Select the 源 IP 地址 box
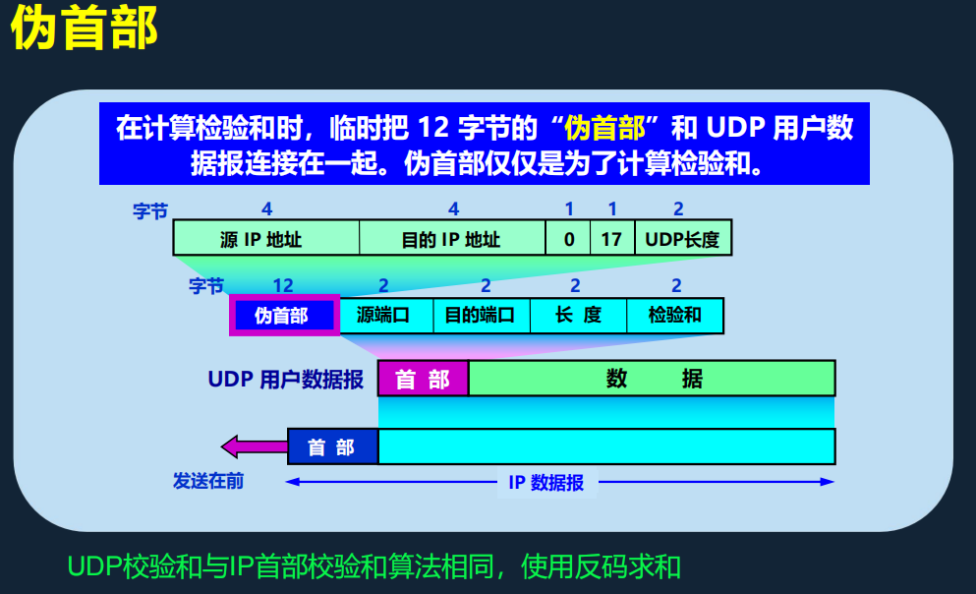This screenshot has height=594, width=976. pyautogui.click(x=265, y=239)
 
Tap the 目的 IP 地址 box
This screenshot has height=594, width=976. pyautogui.click(x=451, y=239)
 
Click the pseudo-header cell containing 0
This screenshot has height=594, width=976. pyautogui.click(x=569, y=239)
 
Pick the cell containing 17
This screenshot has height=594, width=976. pyautogui.click(x=611, y=239)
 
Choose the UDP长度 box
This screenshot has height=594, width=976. pyautogui.click(x=683, y=239)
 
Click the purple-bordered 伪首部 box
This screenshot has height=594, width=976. pyautogui.click(x=283, y=316)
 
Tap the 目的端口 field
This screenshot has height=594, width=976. pyautogui.click(x=481, y=316)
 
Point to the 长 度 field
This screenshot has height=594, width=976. pyautogui.click(x=578, y=316)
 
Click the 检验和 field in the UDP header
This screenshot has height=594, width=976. pyautogui.click(x=675, y=316)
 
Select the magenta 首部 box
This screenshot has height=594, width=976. pyautogui.click(x=423, y=379)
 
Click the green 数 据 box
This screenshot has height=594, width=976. pyautogui.click(x=652, y=379)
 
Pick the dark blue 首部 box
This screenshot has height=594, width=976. pyautogui.click(x=332, y=446)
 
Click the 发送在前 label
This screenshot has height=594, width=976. pyautogui.click(x=208, y=481)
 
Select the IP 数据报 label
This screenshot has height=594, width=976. pyautogui.click(x=545, y=482)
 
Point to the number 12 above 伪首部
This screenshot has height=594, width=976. pyautogui.click(x=283, y=286)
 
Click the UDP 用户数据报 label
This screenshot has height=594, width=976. pyautogui.click(x=286, y=379)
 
